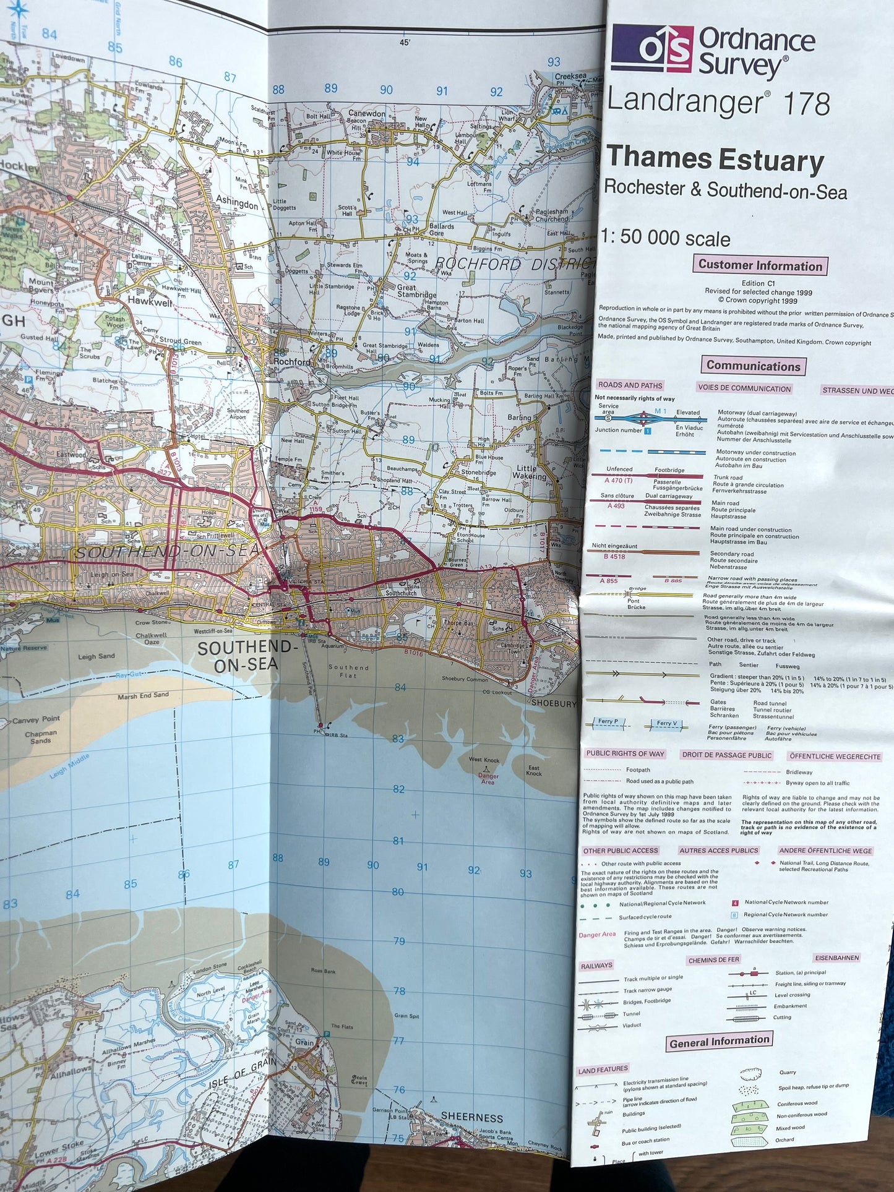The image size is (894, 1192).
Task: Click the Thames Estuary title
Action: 715,160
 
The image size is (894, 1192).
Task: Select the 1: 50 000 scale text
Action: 665,238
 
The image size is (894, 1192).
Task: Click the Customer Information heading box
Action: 760,265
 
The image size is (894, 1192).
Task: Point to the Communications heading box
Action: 753,366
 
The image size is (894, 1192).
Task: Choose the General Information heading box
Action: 720,1042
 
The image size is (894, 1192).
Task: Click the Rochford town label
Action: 292,361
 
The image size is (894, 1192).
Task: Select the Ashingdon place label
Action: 237,204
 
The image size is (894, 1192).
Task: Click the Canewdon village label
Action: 366,114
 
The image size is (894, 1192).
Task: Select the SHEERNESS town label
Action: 472,1118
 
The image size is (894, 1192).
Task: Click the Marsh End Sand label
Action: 143,696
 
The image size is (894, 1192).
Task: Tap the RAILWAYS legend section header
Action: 596,966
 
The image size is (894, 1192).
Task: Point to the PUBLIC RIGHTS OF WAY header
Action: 625,753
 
